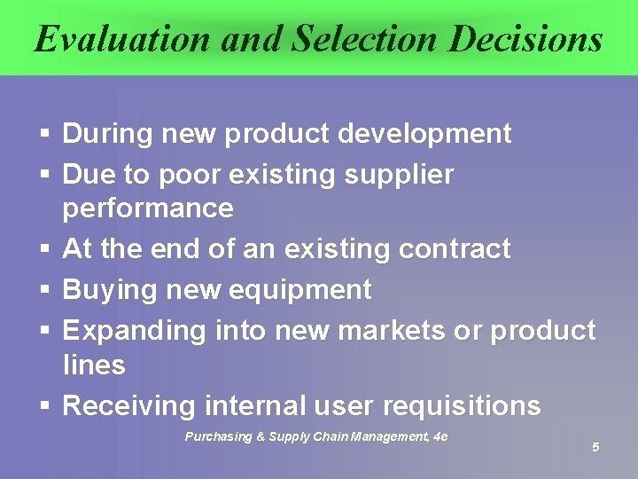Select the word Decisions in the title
[x=525, y=39]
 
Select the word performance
[x=148, y=208]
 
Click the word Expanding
[x=134, y=331]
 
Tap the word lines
[x=94, y=365]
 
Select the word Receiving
[x=129, y=406]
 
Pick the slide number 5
[x=595, y=447]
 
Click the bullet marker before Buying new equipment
[x=44, y=291]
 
